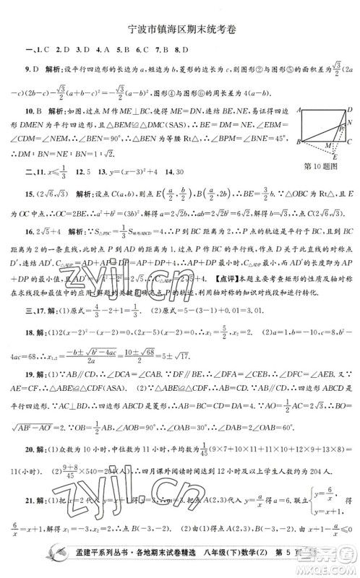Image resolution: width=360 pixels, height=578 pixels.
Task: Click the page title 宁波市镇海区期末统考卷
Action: click(181, 30)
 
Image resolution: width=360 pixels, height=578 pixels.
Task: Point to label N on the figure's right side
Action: click(350, 123)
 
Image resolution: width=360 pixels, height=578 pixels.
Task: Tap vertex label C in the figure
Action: click(350, 143)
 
